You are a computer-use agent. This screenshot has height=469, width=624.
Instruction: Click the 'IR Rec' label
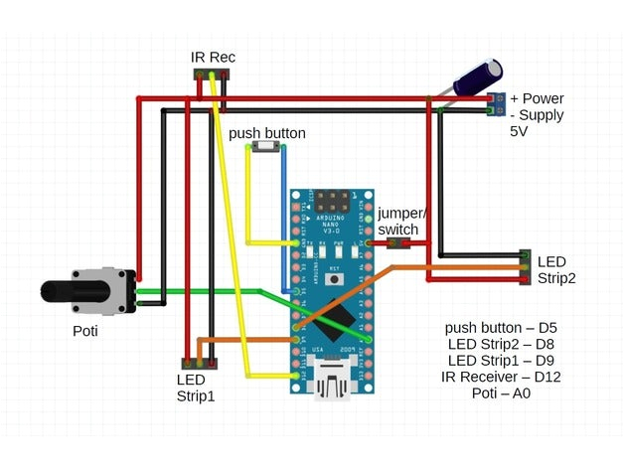213,58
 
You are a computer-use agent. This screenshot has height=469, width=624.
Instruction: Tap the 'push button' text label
267,132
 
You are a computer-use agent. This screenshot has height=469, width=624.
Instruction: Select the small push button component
265,147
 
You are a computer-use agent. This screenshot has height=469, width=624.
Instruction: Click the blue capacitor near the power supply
478,77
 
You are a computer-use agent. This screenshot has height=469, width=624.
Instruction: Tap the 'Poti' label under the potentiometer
85,331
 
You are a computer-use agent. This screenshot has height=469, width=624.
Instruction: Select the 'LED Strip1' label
196,388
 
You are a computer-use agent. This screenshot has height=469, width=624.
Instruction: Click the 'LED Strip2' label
557,269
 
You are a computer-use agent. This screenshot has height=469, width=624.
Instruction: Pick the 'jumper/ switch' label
403,221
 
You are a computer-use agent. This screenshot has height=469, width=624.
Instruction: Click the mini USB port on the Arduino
333,381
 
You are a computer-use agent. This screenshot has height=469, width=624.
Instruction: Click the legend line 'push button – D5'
499,327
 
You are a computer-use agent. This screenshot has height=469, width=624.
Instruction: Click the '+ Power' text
537,98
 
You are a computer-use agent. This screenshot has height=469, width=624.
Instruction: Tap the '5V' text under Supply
520,131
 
